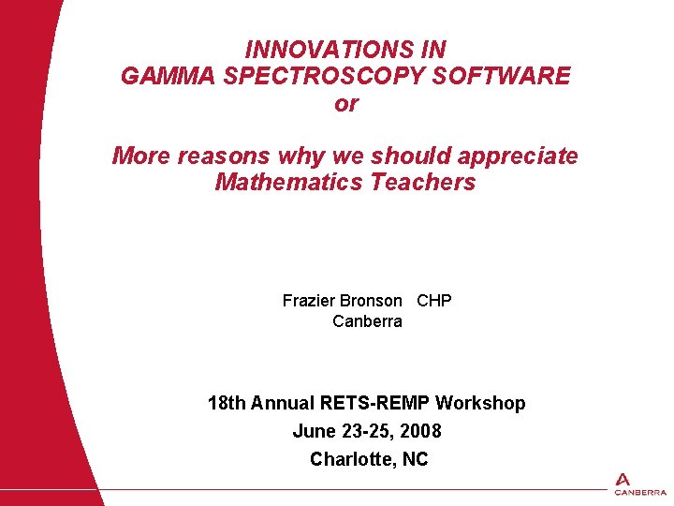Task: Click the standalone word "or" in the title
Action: click(x=345, y=104)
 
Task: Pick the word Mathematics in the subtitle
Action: click(x=289, y=182)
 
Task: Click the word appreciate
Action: click(x=519, y=156)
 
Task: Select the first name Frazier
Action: click(x=308, y=301)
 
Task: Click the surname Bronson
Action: click(x=371, y=301)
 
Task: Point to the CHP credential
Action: click(x=434, y=301)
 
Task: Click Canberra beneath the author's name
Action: click(x=367, y=321)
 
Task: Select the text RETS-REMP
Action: click(x=375, y=403)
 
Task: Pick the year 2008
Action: click(x=418, y=431)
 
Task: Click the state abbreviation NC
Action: click(x=415, y=459)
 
